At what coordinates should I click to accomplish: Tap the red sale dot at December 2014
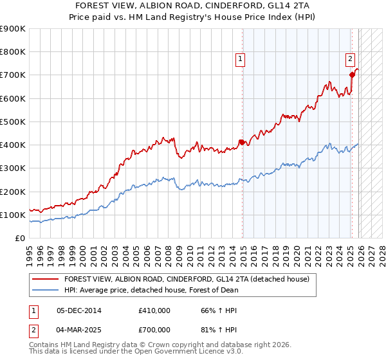coord(242,142)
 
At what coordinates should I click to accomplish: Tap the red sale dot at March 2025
coord(352,75)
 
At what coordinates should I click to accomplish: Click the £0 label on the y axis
coord(19,238)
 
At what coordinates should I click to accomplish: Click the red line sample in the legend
coord(46,279)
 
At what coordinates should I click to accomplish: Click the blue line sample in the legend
coord(46,290)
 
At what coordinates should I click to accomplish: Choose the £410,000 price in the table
coord(154,310)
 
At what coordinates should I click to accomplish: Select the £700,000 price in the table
coord(154,329)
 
